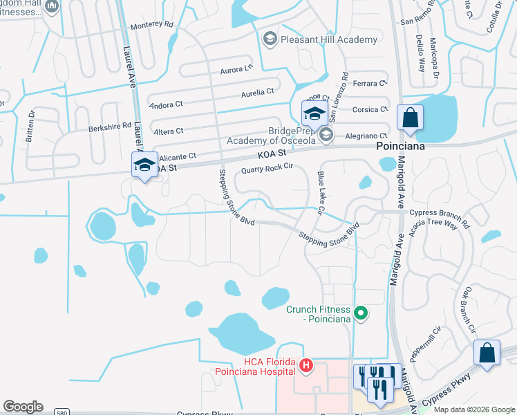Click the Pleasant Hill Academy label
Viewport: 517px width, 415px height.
(329, 39)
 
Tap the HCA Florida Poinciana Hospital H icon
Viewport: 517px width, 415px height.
(305, 365)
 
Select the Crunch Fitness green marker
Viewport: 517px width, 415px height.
(359, 314)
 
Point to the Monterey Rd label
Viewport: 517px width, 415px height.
(151, 24)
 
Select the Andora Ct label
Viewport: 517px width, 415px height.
(166, 107)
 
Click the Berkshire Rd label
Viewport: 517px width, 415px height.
(109, 127)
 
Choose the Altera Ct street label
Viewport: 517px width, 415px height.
(169, 131)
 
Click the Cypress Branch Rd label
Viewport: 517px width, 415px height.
(440, 213)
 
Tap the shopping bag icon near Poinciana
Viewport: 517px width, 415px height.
(410, 118)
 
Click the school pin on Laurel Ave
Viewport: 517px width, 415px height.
(144, 165)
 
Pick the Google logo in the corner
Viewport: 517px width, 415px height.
(23, 407)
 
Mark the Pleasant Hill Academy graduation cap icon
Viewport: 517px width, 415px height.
(270, 39)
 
